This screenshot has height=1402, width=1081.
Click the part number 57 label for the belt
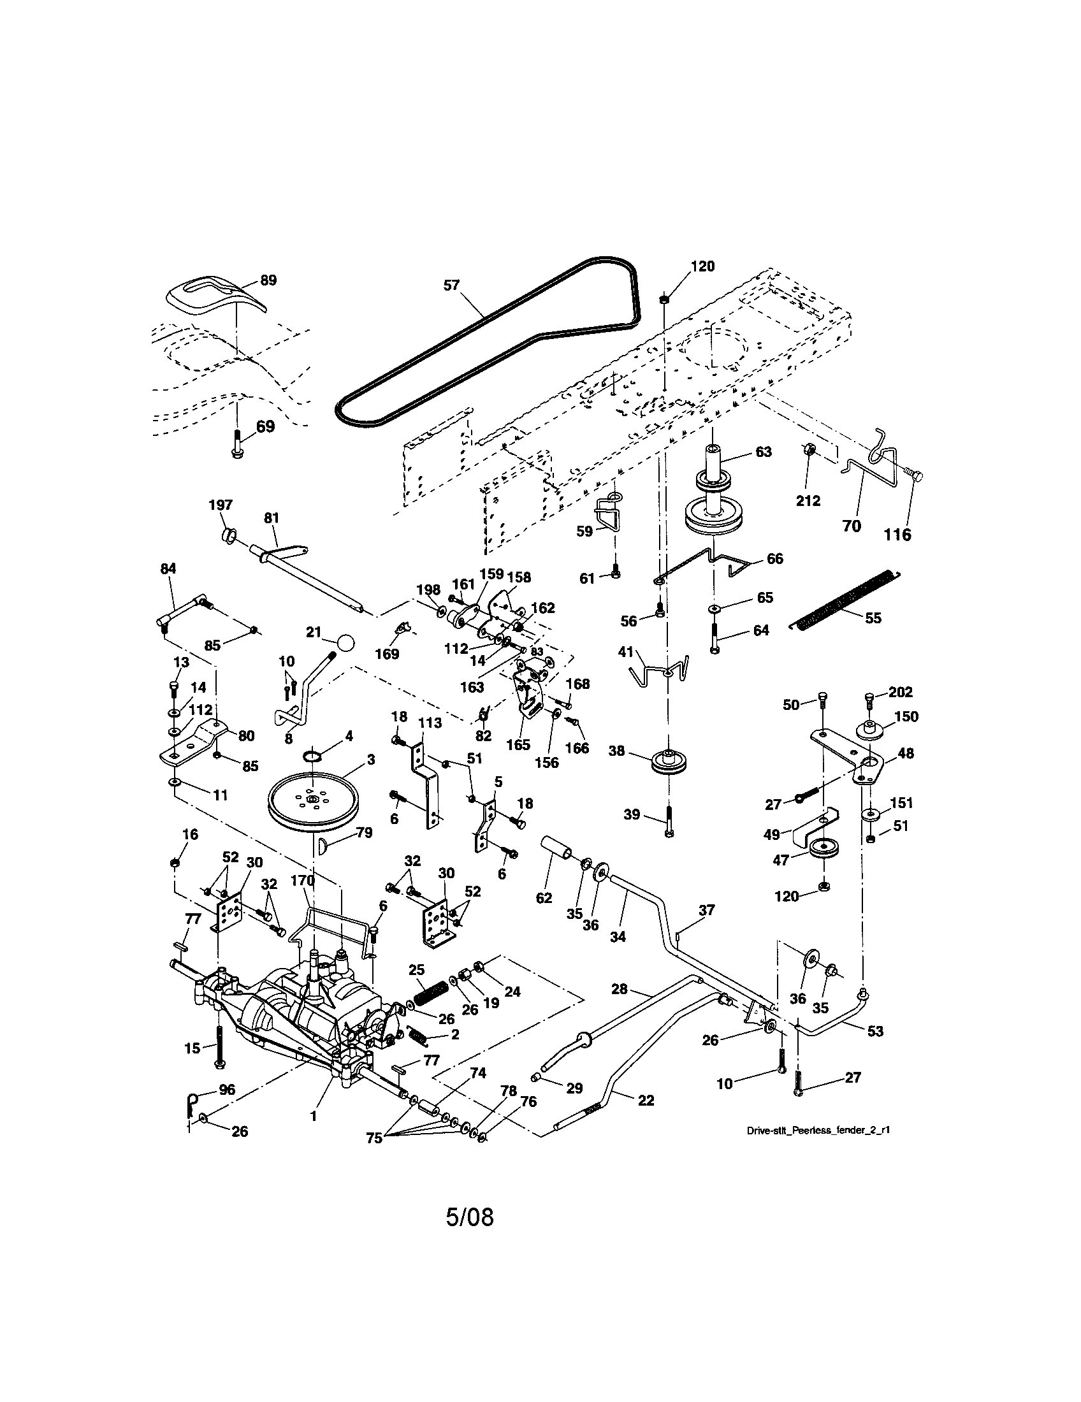(451, 285)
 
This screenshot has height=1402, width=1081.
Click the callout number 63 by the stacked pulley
(763, 452)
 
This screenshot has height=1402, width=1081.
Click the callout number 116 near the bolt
(897, 534)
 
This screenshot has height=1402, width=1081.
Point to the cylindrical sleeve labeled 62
(560, 851)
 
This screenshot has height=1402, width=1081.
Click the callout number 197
(220, 505)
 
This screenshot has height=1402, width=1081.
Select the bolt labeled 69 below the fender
(238, 443)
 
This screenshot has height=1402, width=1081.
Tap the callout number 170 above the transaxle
(302, 880)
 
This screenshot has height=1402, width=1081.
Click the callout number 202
(901, 692)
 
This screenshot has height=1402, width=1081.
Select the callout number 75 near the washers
(374, 1138)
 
